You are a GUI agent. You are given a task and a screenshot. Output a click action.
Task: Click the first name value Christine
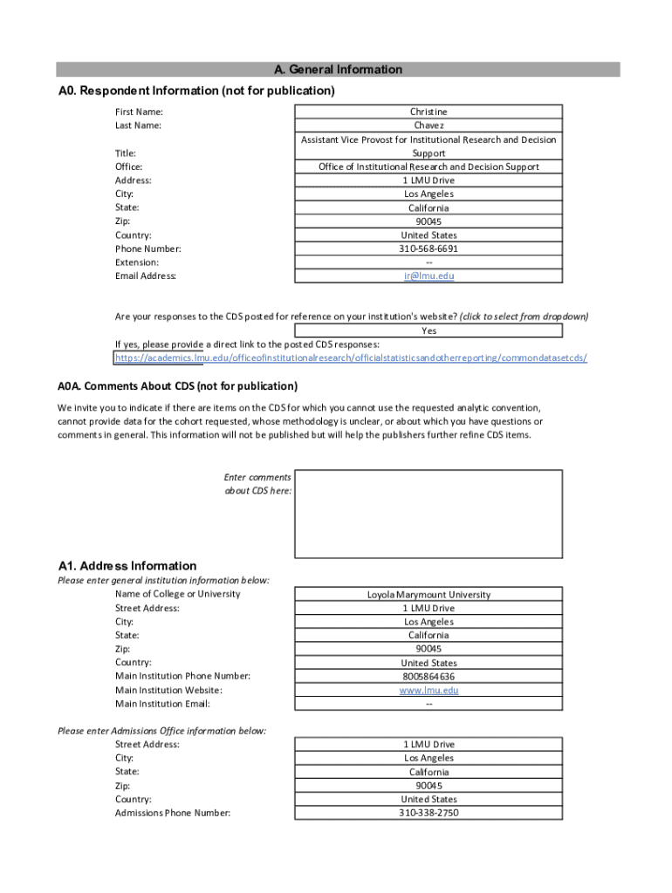tap(429, 112)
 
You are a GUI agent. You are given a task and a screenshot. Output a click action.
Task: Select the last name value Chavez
tap(429, 126)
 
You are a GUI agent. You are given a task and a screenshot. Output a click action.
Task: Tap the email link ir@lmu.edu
tap(429, 276)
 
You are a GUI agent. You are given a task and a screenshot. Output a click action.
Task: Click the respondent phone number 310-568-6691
tap(429, 249)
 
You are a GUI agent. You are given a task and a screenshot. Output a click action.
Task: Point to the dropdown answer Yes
tap(429, 331)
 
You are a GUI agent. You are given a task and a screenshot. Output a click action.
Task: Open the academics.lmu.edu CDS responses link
tap(351, 358)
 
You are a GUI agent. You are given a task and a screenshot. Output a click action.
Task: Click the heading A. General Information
tap(338, 70)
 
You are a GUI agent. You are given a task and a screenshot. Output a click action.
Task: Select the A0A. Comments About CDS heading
tap(178, 386)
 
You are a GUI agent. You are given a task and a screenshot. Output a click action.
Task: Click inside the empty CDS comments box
tap(429, 514)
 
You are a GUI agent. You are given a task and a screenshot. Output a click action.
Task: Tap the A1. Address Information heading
tap(127, 566)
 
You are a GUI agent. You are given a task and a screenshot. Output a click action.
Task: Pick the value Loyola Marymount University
tap(429, 595)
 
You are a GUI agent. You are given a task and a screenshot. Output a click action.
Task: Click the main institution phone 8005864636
tap(429, 677)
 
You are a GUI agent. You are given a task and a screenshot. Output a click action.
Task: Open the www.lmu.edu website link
tap(429, 691)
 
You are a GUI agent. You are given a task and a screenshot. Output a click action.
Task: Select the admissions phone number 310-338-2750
tap(429, 813)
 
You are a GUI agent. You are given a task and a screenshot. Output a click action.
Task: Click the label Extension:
tap(137, 262)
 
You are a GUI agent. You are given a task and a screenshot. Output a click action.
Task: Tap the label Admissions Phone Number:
tap(173, 813)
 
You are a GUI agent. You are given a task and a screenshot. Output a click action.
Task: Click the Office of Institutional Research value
tap(429, 167)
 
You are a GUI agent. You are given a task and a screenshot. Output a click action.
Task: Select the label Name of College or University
tap(178, 594)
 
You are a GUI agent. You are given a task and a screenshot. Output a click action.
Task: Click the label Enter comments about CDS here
tap(258, 484)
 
